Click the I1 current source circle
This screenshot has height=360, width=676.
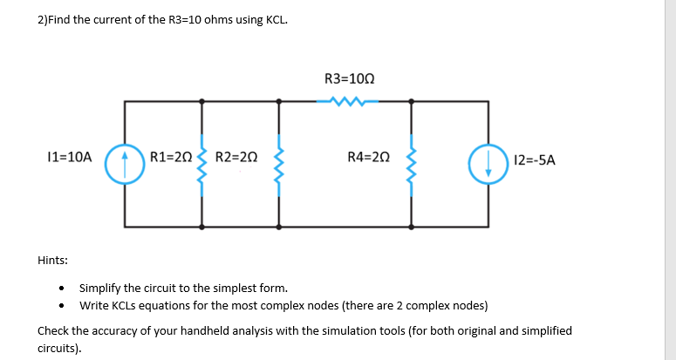tap(123, 163)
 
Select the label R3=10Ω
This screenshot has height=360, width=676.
tap(349, 78)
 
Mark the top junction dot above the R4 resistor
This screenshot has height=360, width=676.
tap(411, 102)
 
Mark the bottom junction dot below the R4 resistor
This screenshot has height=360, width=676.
tap(411, 226)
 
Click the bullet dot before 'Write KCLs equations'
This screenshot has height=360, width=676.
tap(61, 306)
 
